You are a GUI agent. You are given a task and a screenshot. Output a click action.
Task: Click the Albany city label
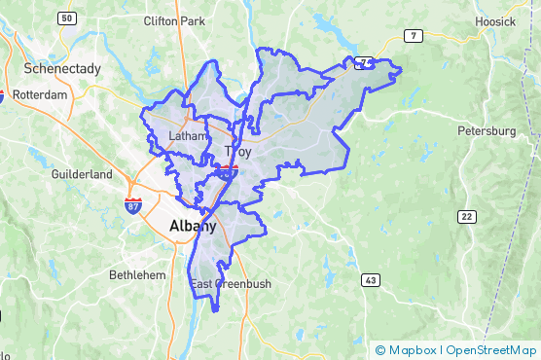[x=193, y=226]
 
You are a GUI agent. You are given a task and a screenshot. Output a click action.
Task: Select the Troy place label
[x=237, y=152]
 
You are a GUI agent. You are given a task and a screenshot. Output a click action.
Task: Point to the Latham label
[x=188, y=136]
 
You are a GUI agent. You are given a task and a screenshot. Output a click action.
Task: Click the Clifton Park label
[x=174, y=20]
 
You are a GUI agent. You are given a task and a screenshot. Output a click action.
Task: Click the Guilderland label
[x=83, y=175]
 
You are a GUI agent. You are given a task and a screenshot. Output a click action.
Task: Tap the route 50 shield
[x=67, y=18]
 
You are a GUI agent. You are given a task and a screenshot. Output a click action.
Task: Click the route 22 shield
[x=470, y=215]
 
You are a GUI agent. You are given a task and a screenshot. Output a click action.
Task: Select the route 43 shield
[x=371, y=280]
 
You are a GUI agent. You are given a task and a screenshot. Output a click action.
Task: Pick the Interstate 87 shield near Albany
[x=132, y=205]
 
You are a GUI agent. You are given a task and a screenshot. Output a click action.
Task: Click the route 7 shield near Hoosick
[x=415, y=37]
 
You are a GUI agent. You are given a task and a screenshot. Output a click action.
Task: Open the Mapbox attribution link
[x=414, y=350]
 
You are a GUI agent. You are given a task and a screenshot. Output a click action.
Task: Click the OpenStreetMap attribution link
[x=491, y=350]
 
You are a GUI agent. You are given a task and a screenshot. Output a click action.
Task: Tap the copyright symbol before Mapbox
[x=380, y=350]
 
